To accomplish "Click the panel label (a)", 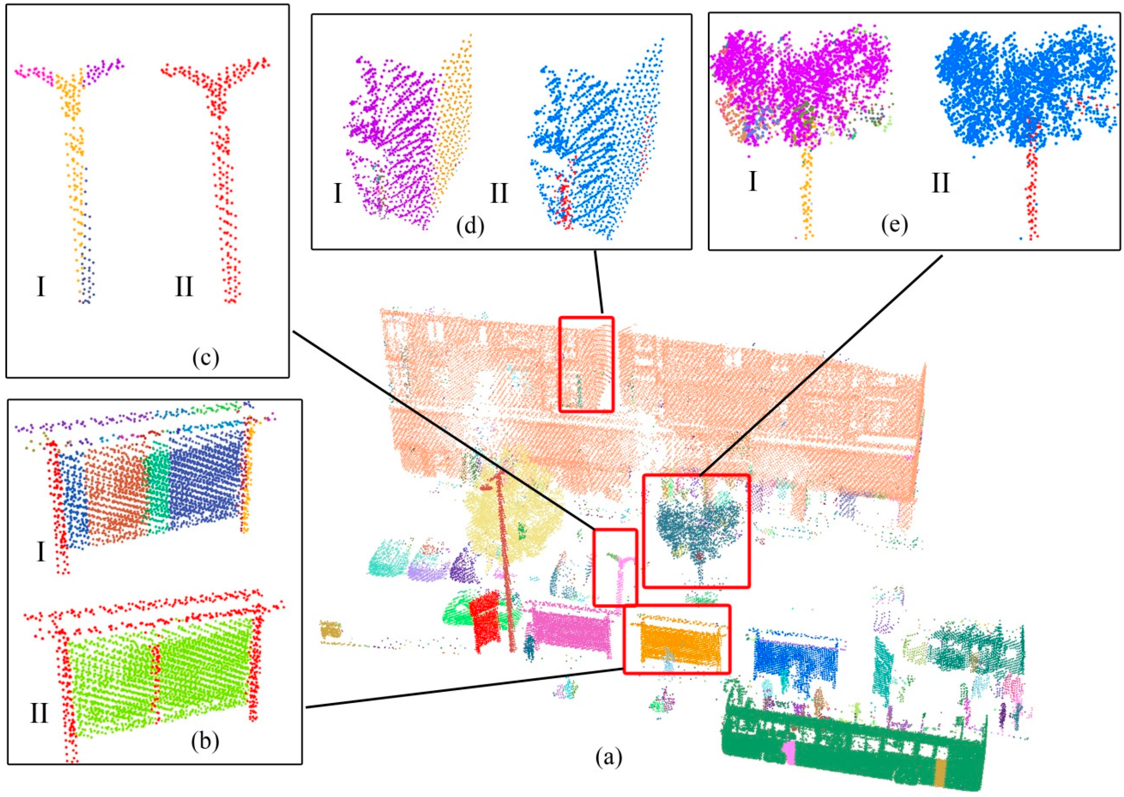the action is coord(609,758).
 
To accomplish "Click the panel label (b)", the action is coord(205,743).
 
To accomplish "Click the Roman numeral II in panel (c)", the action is coord(184,287).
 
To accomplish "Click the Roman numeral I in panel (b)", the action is coord(41,552).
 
